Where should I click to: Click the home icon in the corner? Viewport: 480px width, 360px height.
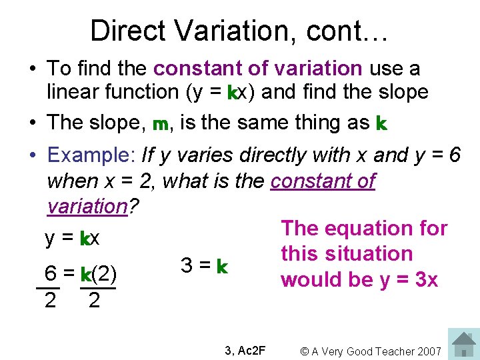463,344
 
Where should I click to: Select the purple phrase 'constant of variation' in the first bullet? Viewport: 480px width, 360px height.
258,68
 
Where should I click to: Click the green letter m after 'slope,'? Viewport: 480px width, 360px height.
160,124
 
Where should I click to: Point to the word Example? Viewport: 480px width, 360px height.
91,155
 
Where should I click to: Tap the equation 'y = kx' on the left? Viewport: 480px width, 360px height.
71,238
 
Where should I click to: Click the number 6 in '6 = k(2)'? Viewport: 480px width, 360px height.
49,274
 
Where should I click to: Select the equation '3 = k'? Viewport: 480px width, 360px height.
205,266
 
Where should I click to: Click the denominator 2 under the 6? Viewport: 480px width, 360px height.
50,301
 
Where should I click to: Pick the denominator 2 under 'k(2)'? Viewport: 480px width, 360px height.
95,301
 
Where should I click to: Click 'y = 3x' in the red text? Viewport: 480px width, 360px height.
409,279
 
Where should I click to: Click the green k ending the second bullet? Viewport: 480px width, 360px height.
381,123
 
